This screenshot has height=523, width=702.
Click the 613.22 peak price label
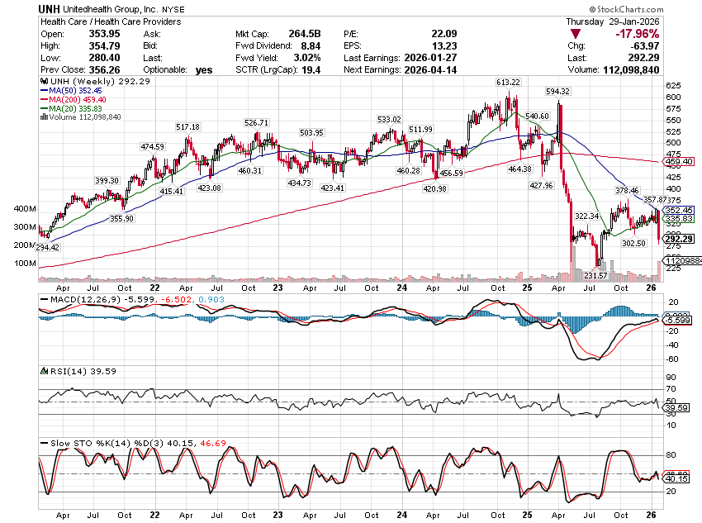[x=508, y=83]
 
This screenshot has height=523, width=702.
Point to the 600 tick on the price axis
[x=674, y=97]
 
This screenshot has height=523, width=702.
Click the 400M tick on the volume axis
[x=26, y=209]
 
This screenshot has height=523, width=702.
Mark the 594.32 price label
[x=559, y=91]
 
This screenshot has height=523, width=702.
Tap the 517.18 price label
[x=187, y=126]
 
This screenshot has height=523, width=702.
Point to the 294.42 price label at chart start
[x=48, y=247]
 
